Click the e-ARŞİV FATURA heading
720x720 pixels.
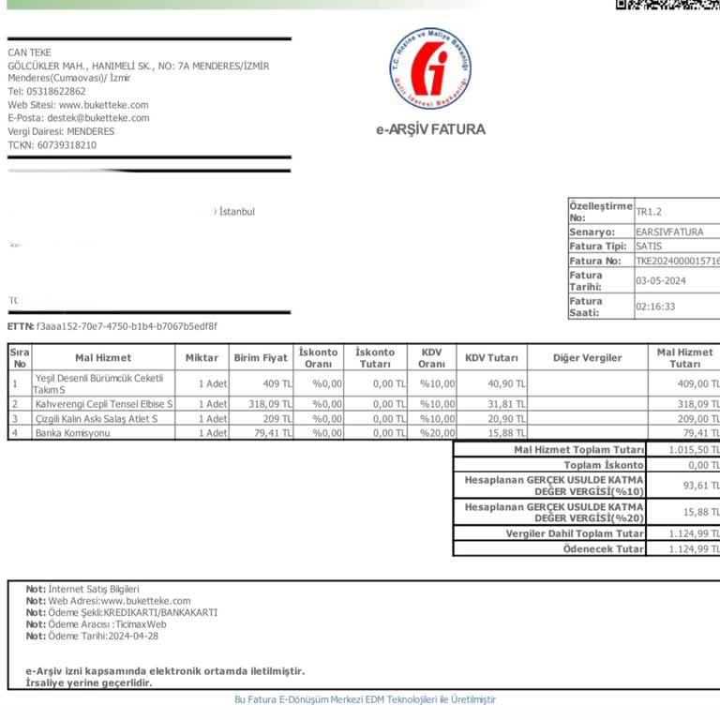[431, 130]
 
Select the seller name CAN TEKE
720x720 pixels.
[29, 52]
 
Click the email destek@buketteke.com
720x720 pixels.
[97, 118]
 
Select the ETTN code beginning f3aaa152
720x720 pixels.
[127, 326]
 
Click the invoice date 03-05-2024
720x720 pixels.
[661, 281]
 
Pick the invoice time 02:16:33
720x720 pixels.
[655, 307]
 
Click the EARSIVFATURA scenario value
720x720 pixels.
[668, 232]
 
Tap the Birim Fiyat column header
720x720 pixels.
[261, 358]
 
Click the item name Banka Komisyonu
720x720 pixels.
[72, 433]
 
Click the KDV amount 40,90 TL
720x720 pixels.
[503, 382]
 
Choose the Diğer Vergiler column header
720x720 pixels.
[587, 358]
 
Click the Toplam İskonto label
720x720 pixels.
[603, 465]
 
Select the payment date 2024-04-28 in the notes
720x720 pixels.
[133, 636]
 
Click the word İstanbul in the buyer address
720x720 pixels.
[236, 212]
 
